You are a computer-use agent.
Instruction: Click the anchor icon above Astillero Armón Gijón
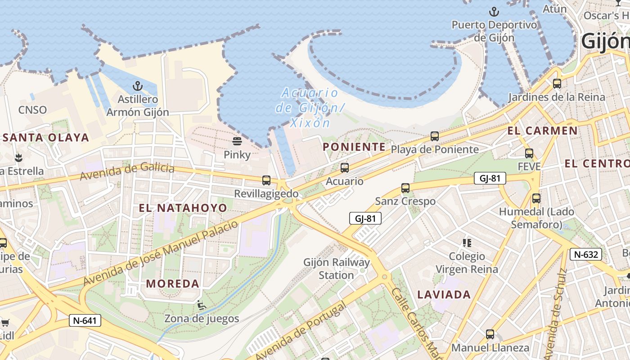pyautogui.click(x=137, y=85)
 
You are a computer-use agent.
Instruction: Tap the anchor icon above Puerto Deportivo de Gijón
pyautogui.click(x=494, y=11)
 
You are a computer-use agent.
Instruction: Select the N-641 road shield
pyautogui.click(x=85, y=320)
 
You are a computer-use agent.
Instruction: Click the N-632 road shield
pyautogui.click(x=585, y=254)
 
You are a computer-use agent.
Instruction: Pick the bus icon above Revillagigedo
pyautogui.click(x=266, y=180)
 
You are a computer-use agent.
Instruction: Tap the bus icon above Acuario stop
pyautogui.click(x=345, y=168)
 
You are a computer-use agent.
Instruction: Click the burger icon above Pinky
pyautogui.click(x=237, y=141)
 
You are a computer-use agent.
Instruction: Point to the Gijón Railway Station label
pyautogui.click(x=337, y=269)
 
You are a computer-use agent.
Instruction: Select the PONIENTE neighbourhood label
pyautogui.click(x=354, y=147)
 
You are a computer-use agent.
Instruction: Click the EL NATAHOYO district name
pyautogui.click(x=183, y=208)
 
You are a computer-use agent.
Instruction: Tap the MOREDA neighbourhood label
pyautogui.click(x=173, y=283)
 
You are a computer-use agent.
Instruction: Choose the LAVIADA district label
pyautogui.click(x=444, y=295)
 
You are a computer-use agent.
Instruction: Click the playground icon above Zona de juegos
pyautogui.click(x=202, y=306)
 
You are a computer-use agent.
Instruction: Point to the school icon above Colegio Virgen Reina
pyautogui.click(x=467, y=243)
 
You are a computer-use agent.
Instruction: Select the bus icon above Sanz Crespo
pyautogui.click(x=405, y=188)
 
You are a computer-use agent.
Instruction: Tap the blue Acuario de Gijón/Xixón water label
pyautogui.click(x=310, y=108)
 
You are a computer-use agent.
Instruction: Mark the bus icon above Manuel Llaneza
pyautogui.click(x=490, y=334)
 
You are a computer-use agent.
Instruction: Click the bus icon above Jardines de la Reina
pyautogui.click(x=557, y=84)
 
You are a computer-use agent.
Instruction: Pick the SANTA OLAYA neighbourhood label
pyautogui.click(x=46, y=138)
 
